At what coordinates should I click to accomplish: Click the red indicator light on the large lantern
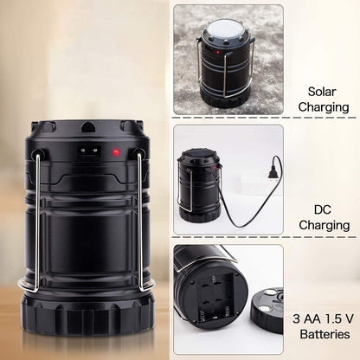[116, 151]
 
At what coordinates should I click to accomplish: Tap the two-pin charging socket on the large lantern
[89, 151]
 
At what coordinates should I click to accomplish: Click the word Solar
[322, 92]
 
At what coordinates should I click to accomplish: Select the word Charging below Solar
[324, 107]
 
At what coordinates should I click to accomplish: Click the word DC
[323, 209]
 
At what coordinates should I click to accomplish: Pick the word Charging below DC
[325, 225]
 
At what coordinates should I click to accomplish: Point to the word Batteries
[325, 334]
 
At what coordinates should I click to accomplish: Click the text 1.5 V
[339, 318]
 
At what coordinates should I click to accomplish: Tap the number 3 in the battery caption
[296, 318]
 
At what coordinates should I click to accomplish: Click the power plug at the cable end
[273, 173]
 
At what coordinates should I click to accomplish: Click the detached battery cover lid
[267, 310]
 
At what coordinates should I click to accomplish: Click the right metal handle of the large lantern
[141, 222]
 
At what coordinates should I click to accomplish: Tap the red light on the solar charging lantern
[218, 53]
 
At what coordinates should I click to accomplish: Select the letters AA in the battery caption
[312, 318]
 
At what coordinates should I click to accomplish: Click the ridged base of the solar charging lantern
[223, 99]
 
